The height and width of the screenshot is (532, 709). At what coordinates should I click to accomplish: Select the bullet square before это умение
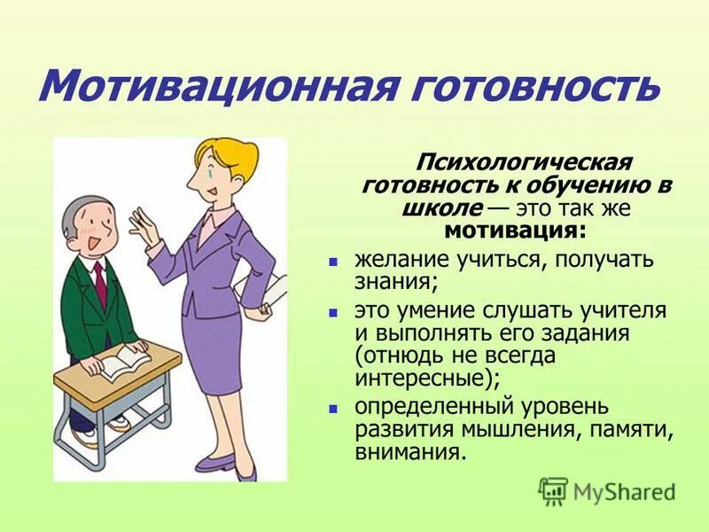pos(334,313)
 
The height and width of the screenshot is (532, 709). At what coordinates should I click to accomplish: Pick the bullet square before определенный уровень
pos(334,410)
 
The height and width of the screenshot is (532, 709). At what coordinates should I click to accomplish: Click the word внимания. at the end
pos(409,452)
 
